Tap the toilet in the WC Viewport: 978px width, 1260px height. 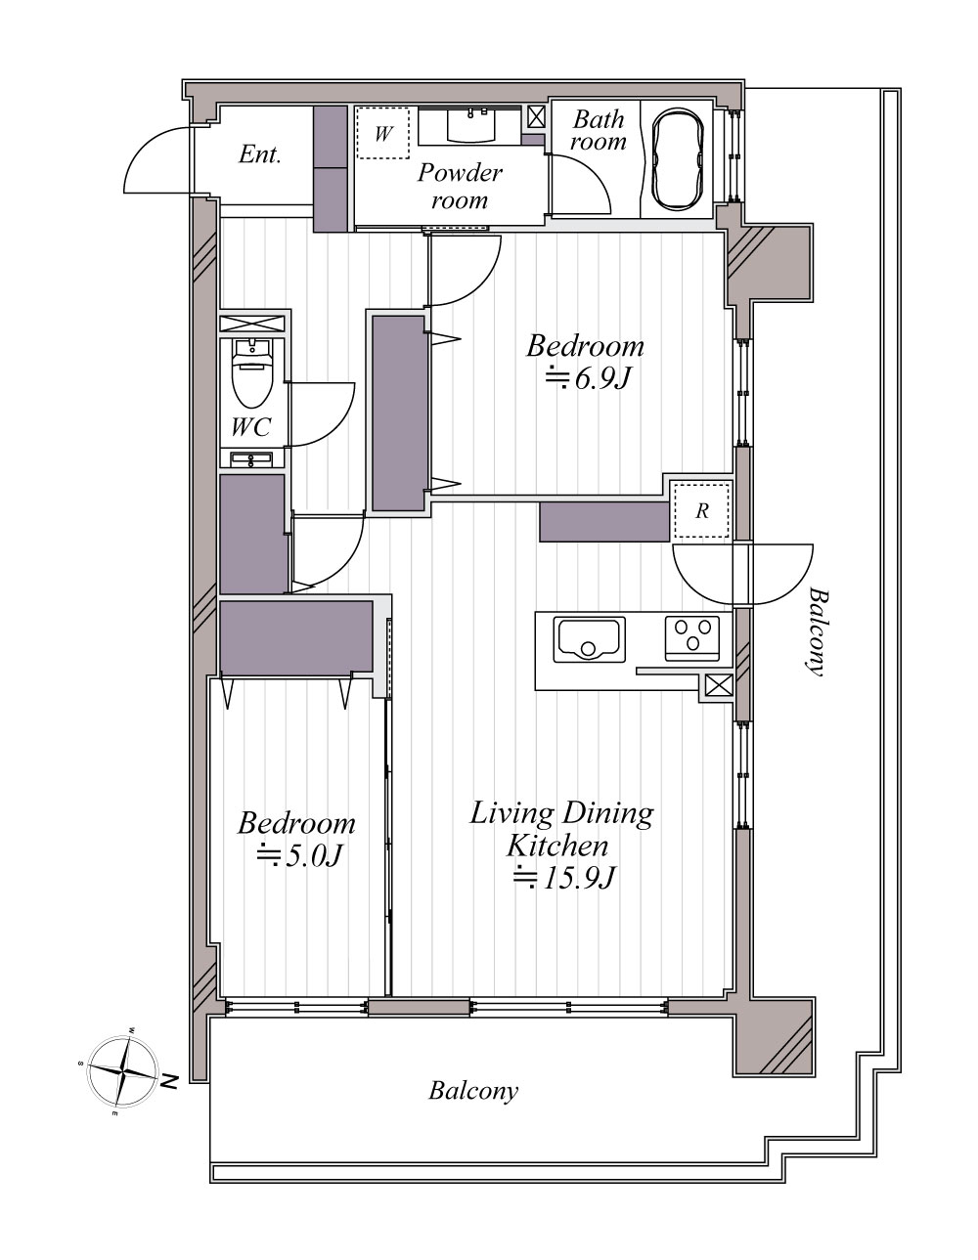pos(251,372)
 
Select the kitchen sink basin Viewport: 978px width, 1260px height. pos(589,639)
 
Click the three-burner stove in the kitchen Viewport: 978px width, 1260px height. pos(691,638)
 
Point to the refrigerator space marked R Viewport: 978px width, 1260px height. pos(701,510)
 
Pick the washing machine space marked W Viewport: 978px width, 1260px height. pos(382,133)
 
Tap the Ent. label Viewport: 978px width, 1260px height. pos(260,154)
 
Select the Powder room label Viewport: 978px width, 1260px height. pos(460,186)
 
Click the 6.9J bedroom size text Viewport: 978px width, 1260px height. pos(587,379)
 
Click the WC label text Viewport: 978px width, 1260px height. pos(250,428)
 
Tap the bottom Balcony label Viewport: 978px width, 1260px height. pos(473,1091)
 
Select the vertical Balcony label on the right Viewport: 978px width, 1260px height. pos(818,632)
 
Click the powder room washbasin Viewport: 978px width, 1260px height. pos(471,126)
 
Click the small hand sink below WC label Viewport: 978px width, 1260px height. pos(251,459)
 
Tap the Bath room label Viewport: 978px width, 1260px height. pos(599,130)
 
